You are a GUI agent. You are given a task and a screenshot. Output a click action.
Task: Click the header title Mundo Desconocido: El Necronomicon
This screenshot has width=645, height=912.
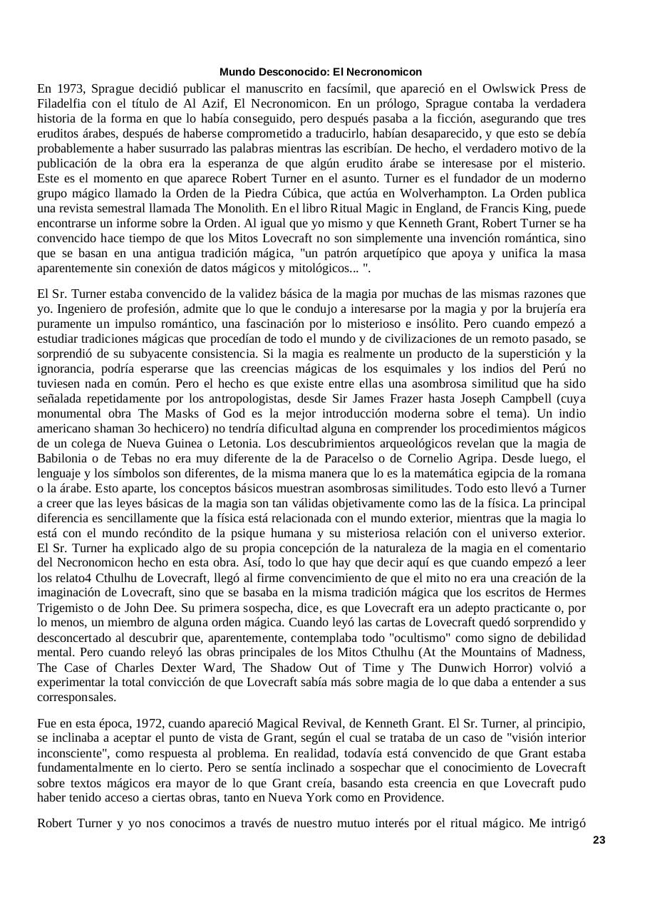pyautogui.click(x=321, y=72)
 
